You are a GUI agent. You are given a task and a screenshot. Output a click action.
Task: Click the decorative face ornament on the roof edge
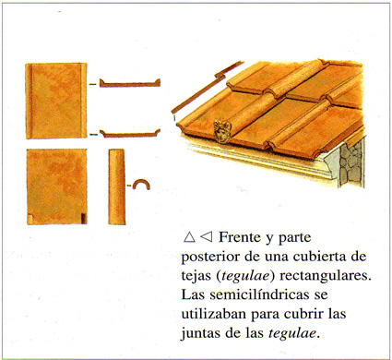tap(222, 132)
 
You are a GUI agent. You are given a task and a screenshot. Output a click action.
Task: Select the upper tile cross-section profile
tap(130, 83)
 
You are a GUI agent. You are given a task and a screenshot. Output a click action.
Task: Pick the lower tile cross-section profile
tap(130, 134)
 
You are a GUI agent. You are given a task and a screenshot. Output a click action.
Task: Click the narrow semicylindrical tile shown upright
tap(117, 186)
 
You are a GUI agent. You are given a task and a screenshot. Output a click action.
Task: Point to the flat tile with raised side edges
tap(56, 101)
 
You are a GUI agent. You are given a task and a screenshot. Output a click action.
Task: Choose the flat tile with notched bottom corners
tap(57, 186)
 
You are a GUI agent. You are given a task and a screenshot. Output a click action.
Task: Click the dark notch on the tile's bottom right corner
tap(84, 219)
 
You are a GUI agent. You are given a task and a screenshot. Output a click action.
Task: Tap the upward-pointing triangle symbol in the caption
tap(189, 237)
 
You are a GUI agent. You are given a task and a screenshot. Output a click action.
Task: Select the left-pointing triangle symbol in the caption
tap(207, 237)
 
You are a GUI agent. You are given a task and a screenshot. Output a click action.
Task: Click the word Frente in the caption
tap(239, 237)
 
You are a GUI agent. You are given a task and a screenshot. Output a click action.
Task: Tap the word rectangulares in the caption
tap(326, 276)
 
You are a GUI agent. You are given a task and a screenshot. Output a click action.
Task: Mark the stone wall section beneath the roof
tap(352, 163)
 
